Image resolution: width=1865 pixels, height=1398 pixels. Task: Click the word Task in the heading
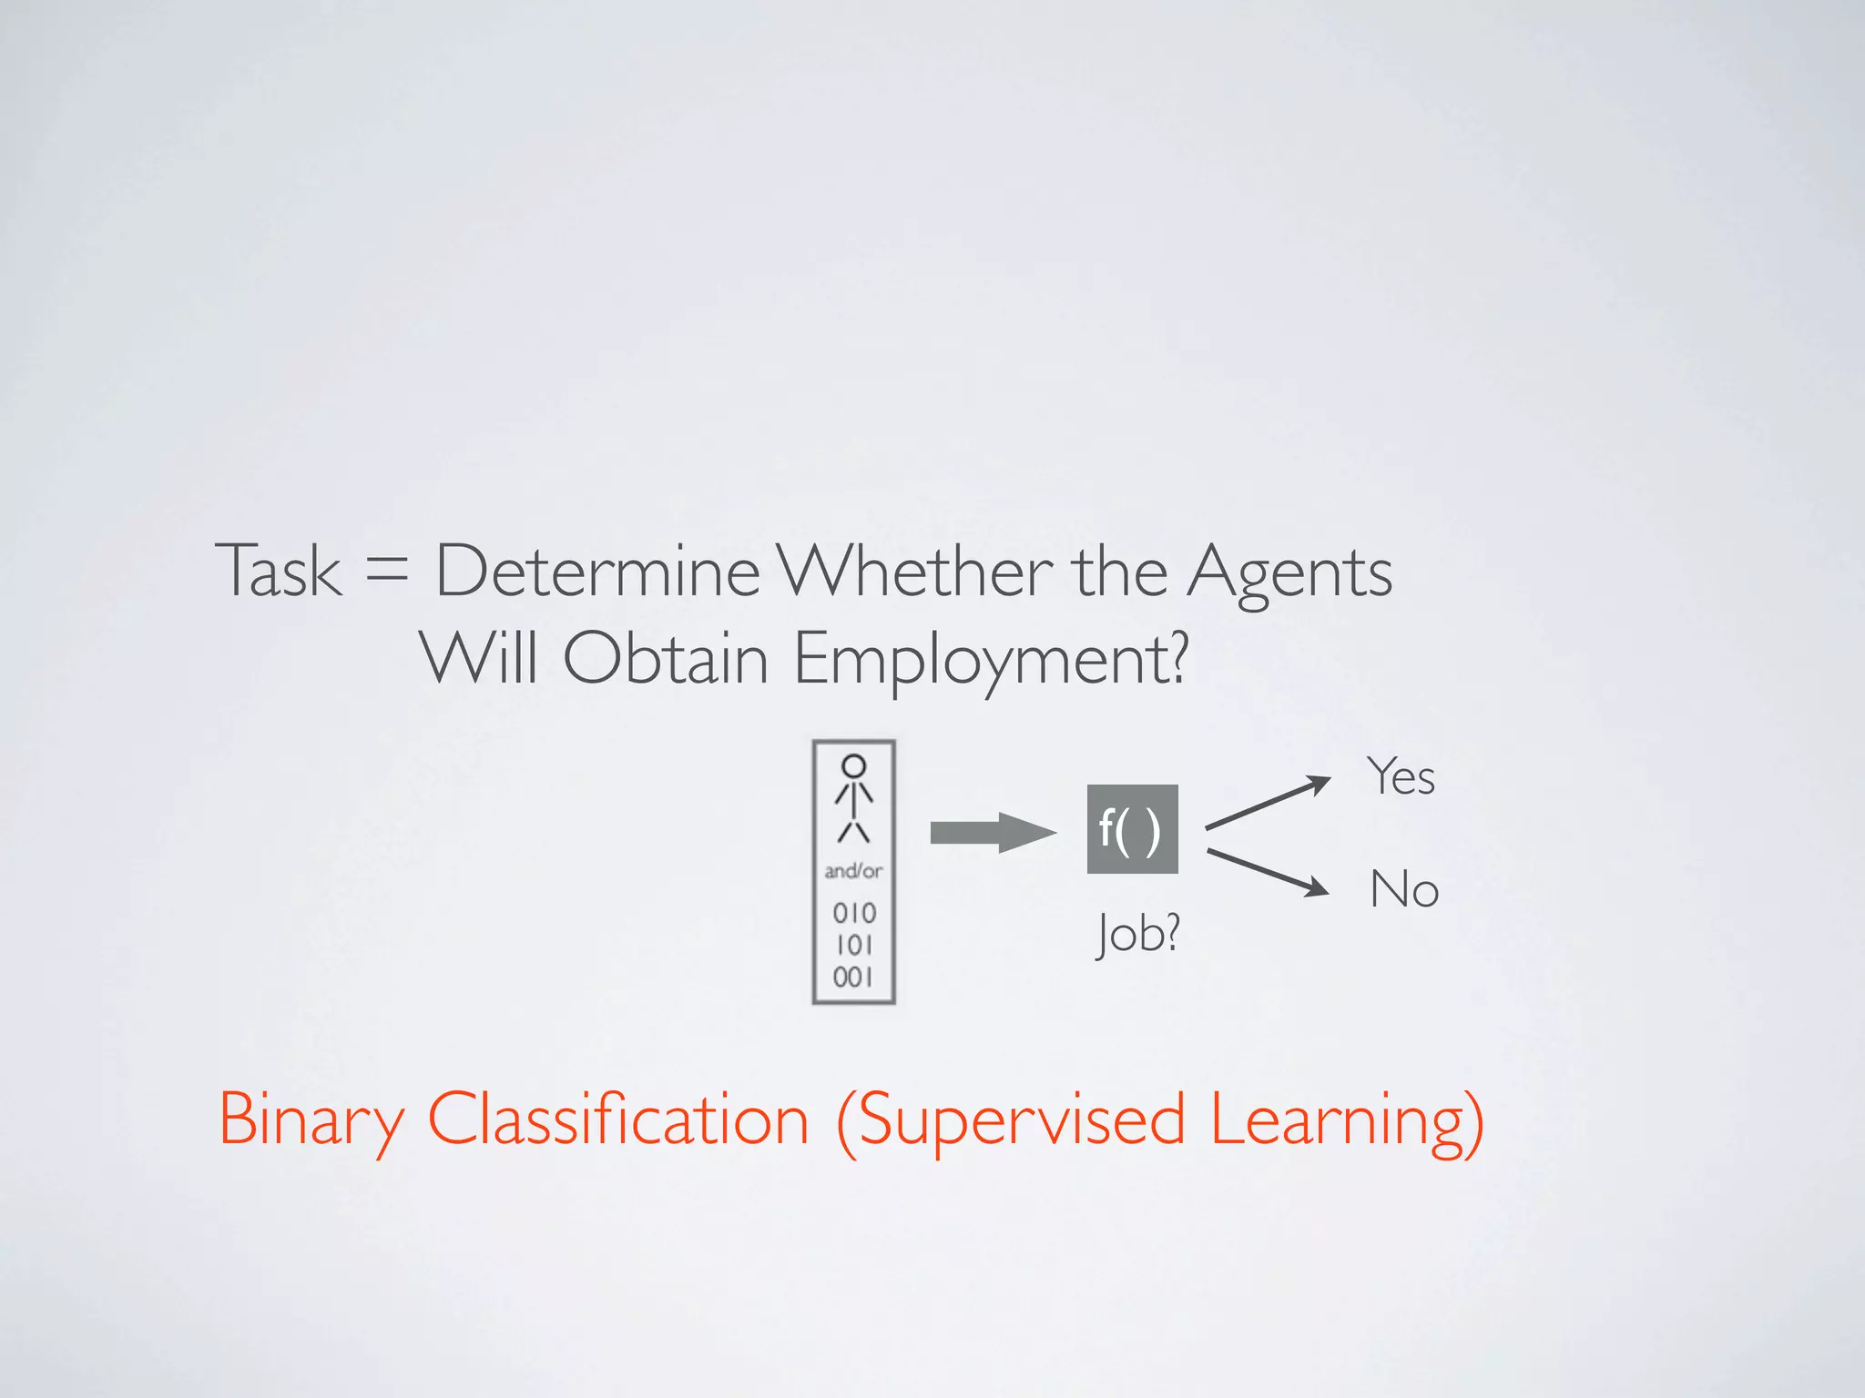pyautogui.click(x=279, y=571)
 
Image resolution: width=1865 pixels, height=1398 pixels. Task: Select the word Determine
pyautogui.click(x=597, y=571)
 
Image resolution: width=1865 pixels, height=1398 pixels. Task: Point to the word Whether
pyautogui.click(x=915, y=571)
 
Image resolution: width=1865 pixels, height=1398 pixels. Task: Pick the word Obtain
pyautogui.click(x=666, y=657)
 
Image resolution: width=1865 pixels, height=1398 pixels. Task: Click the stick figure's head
pyautogui.click(x=853, y=765)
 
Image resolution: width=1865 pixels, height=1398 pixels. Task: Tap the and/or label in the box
pyautogui.click(x=853, y=871)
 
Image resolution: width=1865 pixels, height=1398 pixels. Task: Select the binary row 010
pyautogui.click(x=853, y=912)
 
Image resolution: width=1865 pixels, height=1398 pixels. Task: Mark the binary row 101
pyautogui.click(x=853, y=945)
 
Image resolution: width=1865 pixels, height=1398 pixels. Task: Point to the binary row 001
pyautogui.click(x=853, y=978)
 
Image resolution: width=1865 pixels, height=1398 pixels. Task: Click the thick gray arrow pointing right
pyautogui.click(x=992, y=832)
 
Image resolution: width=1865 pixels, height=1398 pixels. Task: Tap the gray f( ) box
pyautogui.click(x=1132, y=829)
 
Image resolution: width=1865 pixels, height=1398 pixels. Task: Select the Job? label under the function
pyautogui.click(x=1138, y=933)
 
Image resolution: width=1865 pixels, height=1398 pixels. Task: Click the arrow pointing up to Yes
pyautogui.click(x=1269, y=803)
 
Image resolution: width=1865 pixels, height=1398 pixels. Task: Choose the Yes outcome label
pyautogui.click(x=1401, y=777)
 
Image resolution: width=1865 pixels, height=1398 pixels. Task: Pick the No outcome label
pyautogui.click(x=1404, y=889)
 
